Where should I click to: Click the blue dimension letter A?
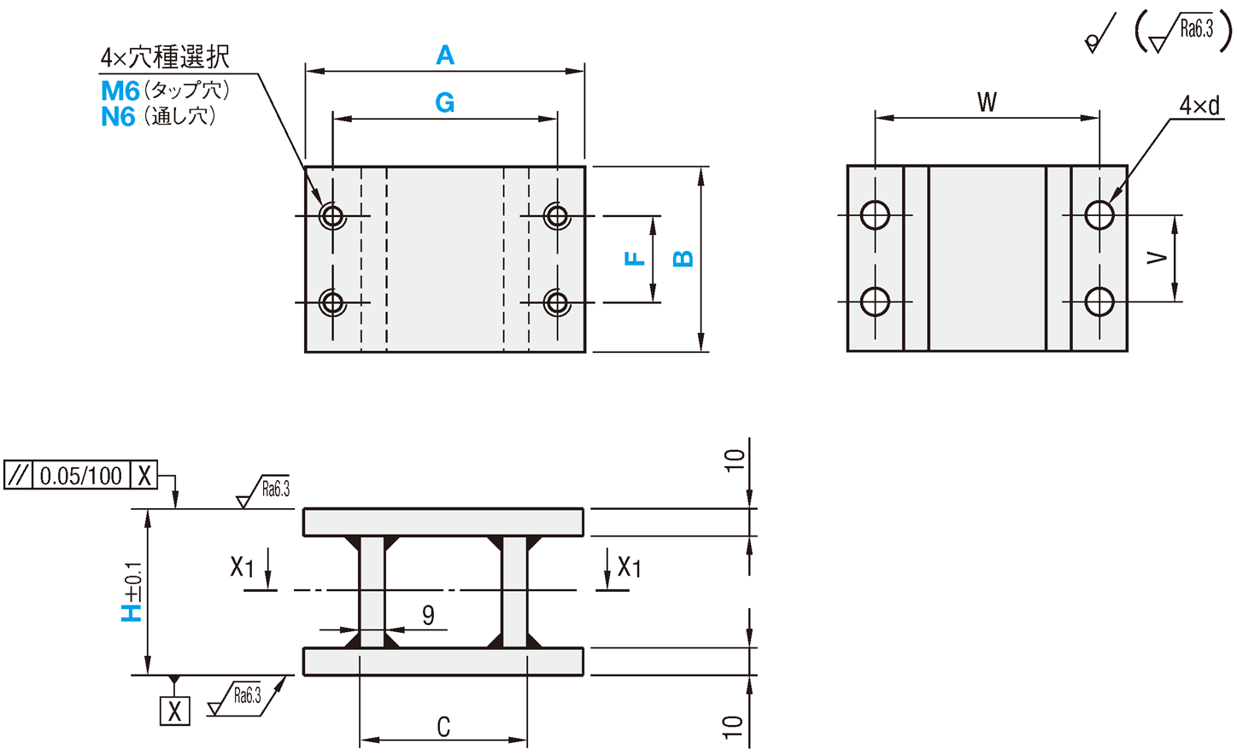[x=445, y=56]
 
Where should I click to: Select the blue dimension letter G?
[x=444, y=102]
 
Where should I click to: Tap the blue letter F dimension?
[x=635, y=258]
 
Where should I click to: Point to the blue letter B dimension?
[x=683, y=258]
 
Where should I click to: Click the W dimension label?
[x=987, y=102]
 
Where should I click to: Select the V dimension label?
[x=1157, y=258]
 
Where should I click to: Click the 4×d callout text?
[x=1199, y=105]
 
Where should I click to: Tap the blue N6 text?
[x=118, y=117]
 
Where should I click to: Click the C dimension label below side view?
[x=443, y=728]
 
